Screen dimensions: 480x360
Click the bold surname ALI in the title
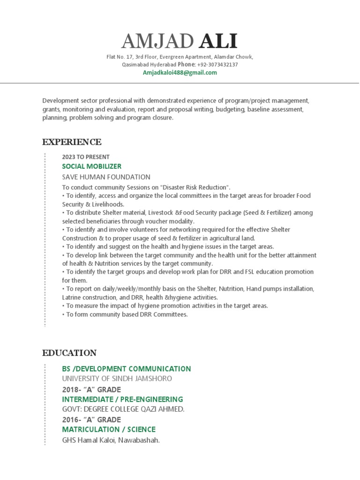[218, 42]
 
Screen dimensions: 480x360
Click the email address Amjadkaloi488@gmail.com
[180, 73]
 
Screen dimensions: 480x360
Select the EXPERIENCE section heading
[72, 142]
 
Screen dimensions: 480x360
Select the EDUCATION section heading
[69, 353]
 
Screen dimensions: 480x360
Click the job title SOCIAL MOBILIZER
[92, 166]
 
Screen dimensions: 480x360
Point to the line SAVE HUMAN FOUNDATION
[106, 177]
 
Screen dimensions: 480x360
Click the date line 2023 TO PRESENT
[86, 157]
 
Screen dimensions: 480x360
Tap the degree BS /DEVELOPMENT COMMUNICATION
[127, 368]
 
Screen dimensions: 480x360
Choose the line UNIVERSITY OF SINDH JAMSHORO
[117, 378]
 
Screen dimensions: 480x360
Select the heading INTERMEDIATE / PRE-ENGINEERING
[122, 399]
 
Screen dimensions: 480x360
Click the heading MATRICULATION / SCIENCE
[109, 429]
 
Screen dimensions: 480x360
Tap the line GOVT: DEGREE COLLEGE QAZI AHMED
[123, 409]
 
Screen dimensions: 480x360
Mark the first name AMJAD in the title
[157, 42]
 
